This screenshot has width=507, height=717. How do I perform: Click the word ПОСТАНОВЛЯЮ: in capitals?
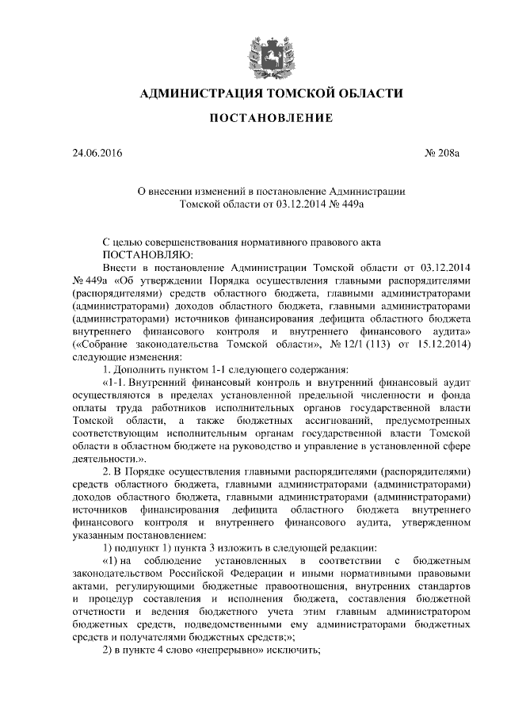pyautogui.click(x=143, y=255)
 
